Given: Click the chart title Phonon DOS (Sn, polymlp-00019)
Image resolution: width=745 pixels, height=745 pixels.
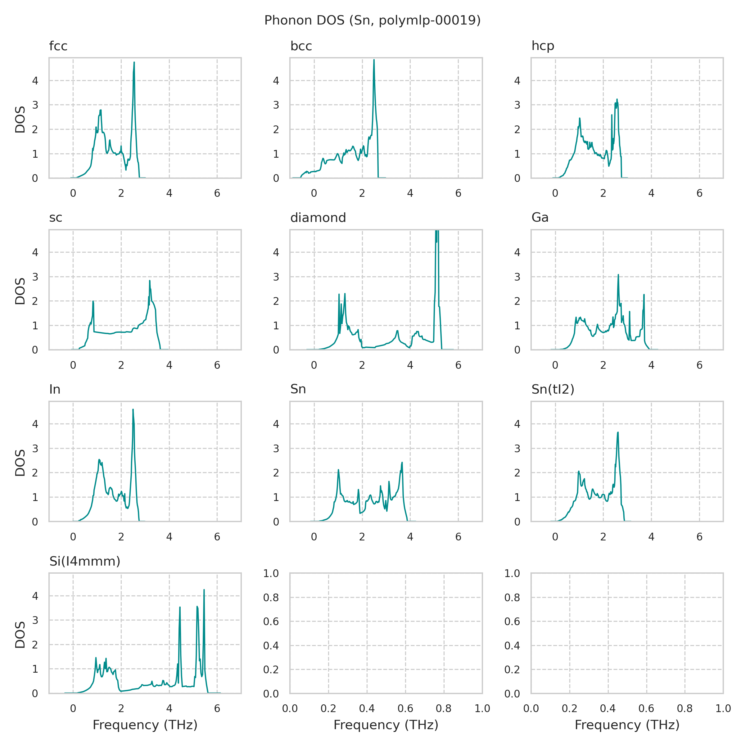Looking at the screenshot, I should click(x=372, y=20).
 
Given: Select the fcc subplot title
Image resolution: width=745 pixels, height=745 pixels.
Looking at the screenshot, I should click(x=58, y=46).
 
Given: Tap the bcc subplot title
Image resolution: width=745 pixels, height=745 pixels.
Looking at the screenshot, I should click(x=301, y=46).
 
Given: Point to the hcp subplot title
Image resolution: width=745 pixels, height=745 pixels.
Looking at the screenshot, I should click(x=543, y=46).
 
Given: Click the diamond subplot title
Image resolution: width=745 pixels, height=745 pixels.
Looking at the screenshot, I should click(x=318, y=218).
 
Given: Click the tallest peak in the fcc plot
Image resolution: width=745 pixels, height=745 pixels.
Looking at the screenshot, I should click(x=134, y=62).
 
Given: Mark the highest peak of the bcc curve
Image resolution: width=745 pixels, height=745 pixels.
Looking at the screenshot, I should click(x=374, y=60).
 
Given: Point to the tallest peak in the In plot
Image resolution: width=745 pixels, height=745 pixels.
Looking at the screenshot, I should click(x=133, y=409).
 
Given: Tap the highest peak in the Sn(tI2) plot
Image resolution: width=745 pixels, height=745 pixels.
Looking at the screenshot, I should click(x=618, y=432).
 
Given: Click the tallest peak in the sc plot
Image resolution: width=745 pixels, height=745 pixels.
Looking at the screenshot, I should click(x=150, y=281).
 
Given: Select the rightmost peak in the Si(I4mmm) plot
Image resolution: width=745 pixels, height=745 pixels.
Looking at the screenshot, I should click(x=204, y=589).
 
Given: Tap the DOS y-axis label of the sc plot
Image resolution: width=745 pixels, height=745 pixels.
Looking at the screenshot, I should click(x=20, y=291).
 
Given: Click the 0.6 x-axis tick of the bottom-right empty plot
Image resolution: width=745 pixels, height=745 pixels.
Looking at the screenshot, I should click(x=646, y=708).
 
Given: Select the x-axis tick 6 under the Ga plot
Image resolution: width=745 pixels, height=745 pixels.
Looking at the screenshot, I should click(x=699, y=365).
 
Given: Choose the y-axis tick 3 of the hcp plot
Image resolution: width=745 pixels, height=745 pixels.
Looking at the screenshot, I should click(x=517, y=105).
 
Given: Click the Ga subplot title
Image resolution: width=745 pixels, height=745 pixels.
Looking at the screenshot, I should click(x=540, y=218).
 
